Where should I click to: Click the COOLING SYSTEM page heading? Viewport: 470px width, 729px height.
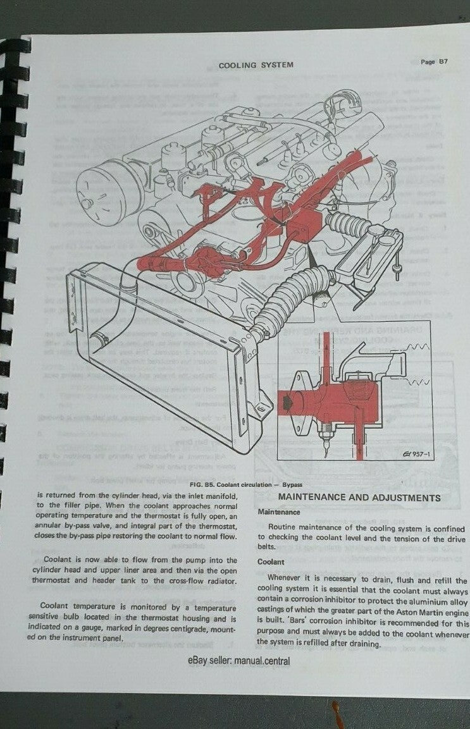tap(256, 64)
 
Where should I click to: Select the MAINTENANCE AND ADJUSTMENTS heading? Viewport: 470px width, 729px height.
tap(359, 498)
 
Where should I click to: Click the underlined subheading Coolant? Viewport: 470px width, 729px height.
tap(270, 561)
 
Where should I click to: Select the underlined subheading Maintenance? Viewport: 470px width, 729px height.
tap(279, 512)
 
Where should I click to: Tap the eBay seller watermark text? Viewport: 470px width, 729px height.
tap(238, 661)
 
